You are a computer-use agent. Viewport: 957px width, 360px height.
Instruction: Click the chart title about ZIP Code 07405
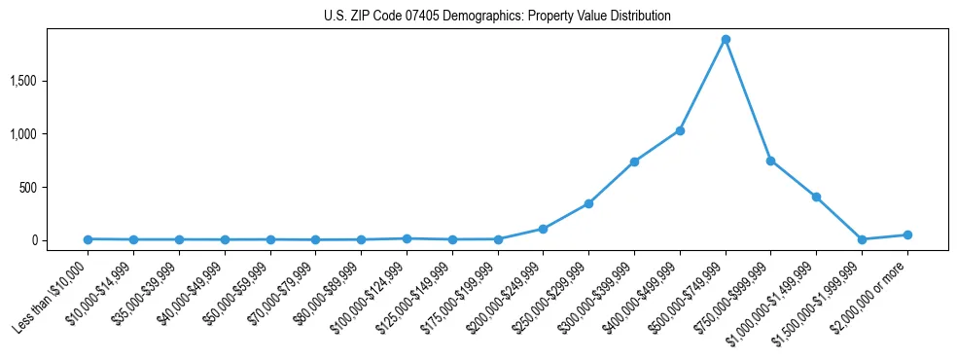tap(497, 17)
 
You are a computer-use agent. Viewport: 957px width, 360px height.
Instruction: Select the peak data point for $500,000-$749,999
tap(726, 40)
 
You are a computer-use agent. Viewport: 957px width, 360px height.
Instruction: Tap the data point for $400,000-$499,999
tap(680, 130)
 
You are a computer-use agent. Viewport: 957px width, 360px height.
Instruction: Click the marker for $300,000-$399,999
tap(634, 162)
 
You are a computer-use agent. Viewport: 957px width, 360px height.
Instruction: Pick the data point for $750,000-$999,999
tap(770, 161)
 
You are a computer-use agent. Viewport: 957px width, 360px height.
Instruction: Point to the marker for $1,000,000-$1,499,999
tap(816, 197)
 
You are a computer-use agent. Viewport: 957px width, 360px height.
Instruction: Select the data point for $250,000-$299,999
tap(588, 203)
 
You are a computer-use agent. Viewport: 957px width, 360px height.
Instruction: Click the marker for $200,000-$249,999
tap(543, 229)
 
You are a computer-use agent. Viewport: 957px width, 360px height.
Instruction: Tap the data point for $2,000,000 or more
tap(907, 234)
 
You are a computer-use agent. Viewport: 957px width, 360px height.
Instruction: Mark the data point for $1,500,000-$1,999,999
tap(862, 239)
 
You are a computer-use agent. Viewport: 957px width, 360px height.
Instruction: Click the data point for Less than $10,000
tap(88, 239)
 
